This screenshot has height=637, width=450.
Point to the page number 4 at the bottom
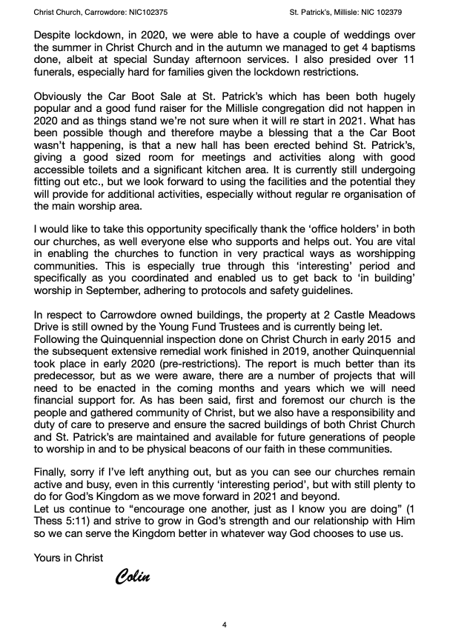225,624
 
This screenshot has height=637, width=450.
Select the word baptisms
391,47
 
